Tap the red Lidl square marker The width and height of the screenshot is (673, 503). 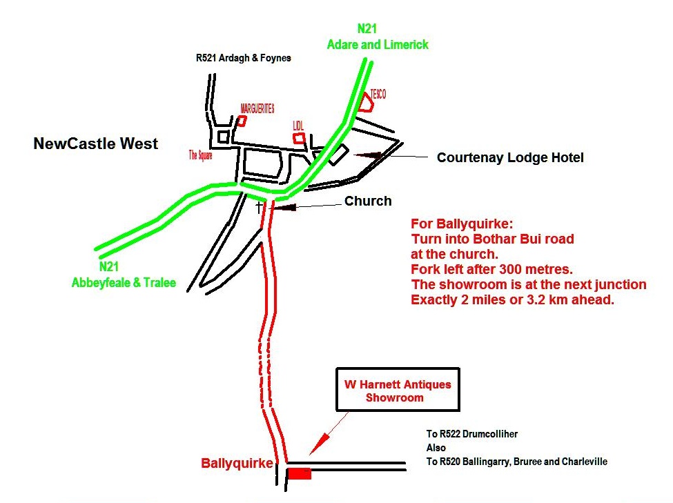click(299, 138)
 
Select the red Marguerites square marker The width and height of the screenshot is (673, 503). click(242, 121)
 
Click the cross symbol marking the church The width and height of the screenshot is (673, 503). click(260, 206)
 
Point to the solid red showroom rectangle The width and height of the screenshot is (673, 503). click(299, 473)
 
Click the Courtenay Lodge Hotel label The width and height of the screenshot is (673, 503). click(510, 158)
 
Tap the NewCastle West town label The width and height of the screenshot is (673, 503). click(96, 144)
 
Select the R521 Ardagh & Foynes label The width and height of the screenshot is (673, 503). click(244, 59)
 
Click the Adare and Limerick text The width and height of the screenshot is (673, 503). click(378, 44)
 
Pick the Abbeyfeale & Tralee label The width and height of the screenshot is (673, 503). click(124, 282)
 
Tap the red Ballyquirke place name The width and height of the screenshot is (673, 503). click(237, 464)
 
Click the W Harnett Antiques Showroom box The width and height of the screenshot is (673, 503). click(397, 391)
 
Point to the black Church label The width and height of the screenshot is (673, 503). click(368, 201)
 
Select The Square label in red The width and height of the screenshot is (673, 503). click(201, 155)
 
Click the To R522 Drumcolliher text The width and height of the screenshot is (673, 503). click(472, 434)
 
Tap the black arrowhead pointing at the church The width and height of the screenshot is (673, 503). click(284, 206)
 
